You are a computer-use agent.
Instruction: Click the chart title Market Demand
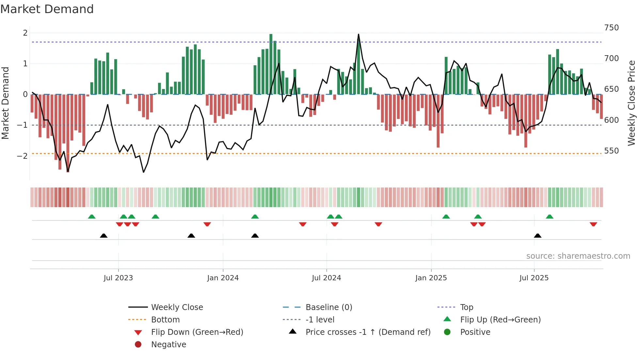click(47, 9)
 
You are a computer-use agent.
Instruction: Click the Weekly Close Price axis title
click(632, 103)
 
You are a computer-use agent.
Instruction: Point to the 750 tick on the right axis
click(611, 28)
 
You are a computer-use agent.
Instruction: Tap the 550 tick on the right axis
click(611, 151)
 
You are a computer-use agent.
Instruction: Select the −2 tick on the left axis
click(22, 156)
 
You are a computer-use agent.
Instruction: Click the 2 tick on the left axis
click(25, 33)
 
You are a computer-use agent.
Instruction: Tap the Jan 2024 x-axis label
click(223, 278)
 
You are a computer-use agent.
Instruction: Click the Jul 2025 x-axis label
click(534, 278)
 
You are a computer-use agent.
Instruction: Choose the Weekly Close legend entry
click(177, 307)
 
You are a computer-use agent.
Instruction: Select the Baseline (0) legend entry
click(328, 307)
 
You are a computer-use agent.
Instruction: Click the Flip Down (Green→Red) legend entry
click(197, 332)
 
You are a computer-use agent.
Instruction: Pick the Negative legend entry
click(168, 345)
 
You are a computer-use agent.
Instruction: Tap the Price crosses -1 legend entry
click(368, 332)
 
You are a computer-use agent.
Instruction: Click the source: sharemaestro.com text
click(578, 256)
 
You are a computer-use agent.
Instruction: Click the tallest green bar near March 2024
click(271, 64)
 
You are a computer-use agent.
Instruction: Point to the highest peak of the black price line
click(359, 34)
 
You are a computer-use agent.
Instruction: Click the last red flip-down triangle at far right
click(593, 224)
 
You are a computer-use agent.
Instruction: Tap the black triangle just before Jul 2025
click(537, 236)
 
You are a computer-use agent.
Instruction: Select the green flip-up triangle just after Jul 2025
click(550, 217)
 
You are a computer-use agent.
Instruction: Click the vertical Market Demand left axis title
click(6, 103)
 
